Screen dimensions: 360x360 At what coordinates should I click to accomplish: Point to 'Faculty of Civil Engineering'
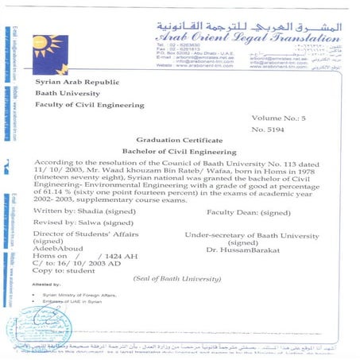[90, 104]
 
